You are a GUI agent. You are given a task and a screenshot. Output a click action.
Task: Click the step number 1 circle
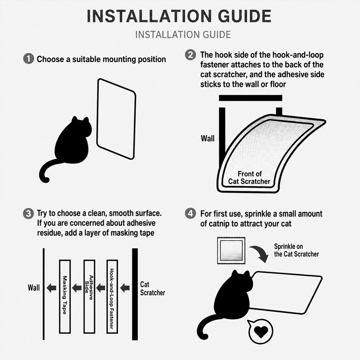pyautogui.click(x=29, y=59)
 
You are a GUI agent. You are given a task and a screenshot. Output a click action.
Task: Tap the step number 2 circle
pyautogui.click(x=190, y=55)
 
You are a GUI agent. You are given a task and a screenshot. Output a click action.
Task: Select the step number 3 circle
pyautogui.click(x=28, y=213)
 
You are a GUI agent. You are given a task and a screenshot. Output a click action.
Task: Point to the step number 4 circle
pyautogui.click(x=190, y=214)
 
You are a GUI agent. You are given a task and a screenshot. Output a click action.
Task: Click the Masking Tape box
pyautogui.click(x=65, y=297)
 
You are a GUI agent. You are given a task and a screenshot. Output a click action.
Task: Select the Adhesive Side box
pyautogui.click(x=89, y=297)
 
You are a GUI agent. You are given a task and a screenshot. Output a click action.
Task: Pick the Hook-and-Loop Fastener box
pyautogui.click(x=112, y=297)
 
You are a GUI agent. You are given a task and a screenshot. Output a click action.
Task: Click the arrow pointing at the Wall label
pyautogui.click(x=51, y=288)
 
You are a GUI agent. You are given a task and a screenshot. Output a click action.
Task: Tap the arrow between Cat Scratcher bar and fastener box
pyautogui.click(x=125, y=288)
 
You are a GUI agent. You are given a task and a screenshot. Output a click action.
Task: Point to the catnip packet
pyautogui.click(x=231, y=251)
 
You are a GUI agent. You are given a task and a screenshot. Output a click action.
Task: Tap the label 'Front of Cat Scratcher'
pyautogui.click(x=249, y=177)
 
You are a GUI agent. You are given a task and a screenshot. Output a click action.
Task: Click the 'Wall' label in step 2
pyautogui.click(x=207, y=139)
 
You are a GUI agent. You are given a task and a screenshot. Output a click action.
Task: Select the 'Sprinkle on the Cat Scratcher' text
pyautogui.click(x=297, y=250)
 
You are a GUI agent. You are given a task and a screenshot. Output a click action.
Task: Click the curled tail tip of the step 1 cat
pyautogui.click(x=46, y=179)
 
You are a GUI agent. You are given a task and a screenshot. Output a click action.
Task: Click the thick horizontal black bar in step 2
pyautogui.click(x=251, y=98)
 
